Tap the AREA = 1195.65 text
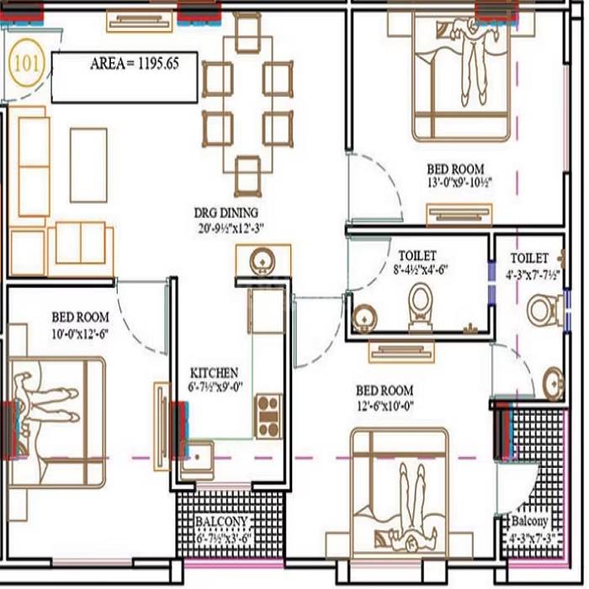[x=131, y=64]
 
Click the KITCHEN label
[x=214, y=372]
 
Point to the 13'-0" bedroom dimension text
[x=458, y=180]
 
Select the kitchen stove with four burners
[x=268, y=415]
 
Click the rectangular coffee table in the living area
[x=88, y=165]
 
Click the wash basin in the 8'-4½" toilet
[x=363, y=317]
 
